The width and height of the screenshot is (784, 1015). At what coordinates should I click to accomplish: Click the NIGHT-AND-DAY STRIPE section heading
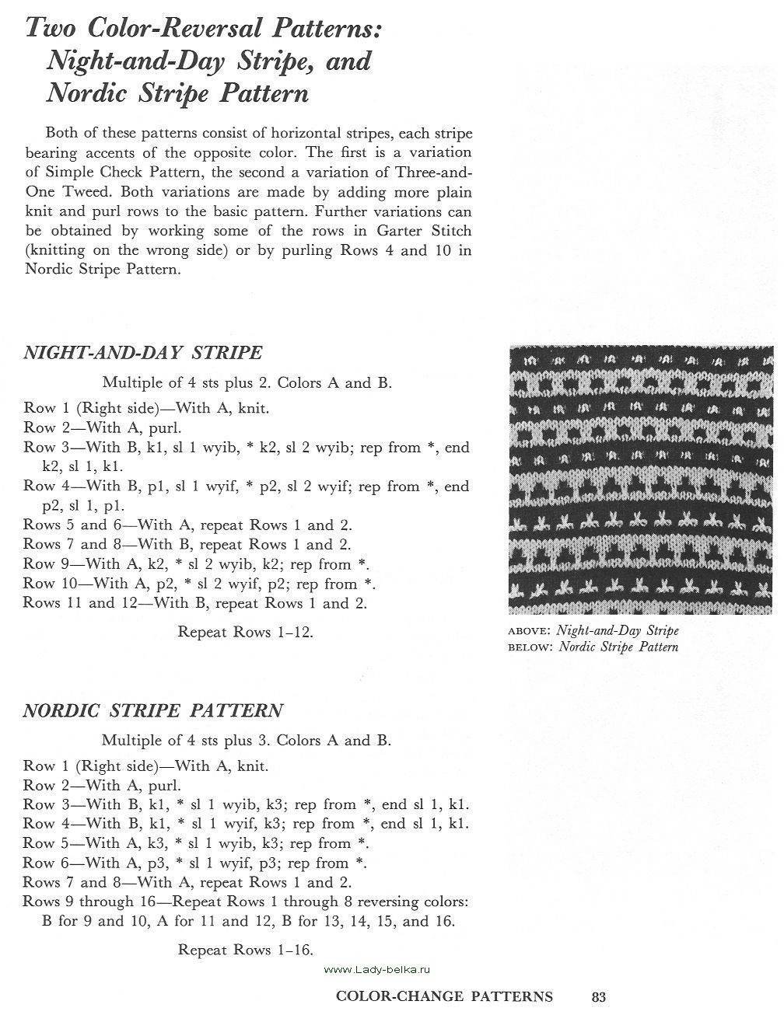coord(142,353)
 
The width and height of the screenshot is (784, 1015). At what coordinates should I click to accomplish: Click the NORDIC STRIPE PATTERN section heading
coord(152,710)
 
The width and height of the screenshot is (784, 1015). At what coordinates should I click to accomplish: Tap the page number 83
coord(599,997)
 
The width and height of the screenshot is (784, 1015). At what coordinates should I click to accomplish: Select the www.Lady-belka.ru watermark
coord(377,970)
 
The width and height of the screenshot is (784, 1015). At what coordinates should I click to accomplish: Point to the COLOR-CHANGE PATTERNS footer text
coord(444,997)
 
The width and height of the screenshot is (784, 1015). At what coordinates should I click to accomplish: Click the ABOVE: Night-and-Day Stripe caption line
coord(593,630)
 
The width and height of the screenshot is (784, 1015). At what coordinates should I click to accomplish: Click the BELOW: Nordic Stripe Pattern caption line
coord(593,647)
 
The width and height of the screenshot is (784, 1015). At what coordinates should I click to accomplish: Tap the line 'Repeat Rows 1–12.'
coord(246,632)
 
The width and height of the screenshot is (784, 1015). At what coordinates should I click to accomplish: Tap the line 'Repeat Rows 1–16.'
coord(246,950)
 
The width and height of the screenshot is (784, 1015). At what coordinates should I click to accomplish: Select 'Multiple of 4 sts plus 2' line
coord(247,383)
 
